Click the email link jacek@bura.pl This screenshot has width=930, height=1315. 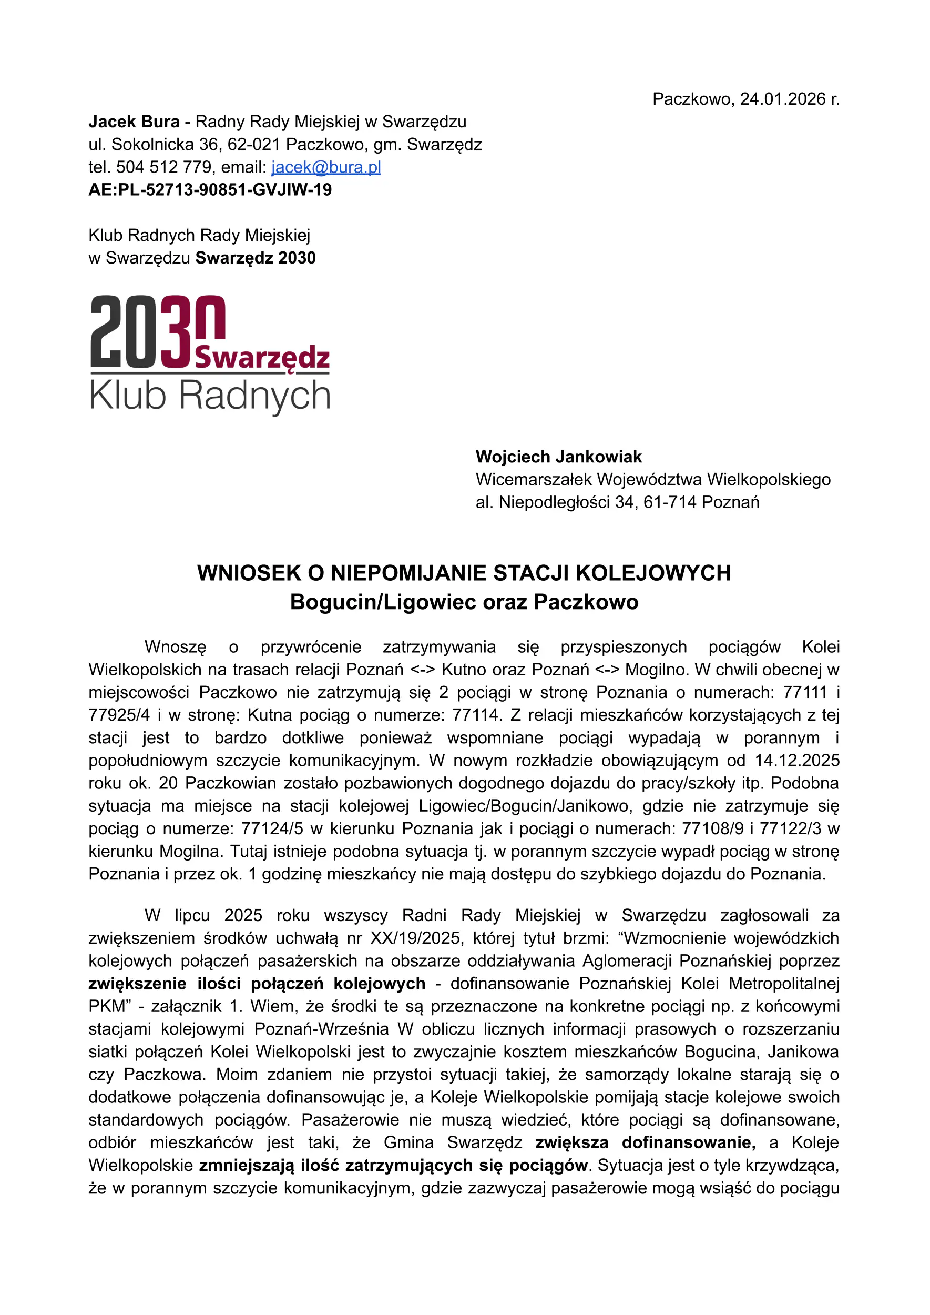click(326, 167)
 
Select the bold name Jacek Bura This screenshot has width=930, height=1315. click(134, 122)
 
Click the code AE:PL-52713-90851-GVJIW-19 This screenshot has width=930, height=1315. click(210, 190)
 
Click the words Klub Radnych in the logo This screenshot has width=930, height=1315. click(210, 396)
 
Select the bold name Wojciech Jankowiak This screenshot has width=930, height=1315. click(558, 457)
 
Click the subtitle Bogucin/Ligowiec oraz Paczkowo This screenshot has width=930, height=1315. click(464, 602)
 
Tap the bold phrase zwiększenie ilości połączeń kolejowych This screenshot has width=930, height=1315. click(257, 983)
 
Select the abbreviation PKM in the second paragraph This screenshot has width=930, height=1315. click(107, 1006)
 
